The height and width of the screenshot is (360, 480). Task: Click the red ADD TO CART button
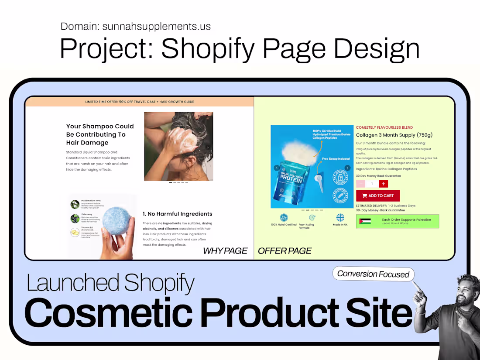click(378, 195)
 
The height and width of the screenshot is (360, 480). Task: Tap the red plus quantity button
click(383, 184)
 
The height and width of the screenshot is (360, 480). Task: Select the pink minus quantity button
click(361, 184)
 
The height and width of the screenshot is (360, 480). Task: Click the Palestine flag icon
click(365, 221)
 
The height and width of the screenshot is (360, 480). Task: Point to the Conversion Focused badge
click(373, 274)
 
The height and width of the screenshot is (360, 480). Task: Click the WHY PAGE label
click(225, 251)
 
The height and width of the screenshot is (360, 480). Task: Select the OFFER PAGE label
click(285, 251)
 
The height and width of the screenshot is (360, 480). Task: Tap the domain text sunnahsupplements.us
click(156, 26)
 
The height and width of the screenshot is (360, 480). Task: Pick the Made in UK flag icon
click(340, 218)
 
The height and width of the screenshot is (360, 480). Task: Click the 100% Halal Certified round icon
click(283, 218)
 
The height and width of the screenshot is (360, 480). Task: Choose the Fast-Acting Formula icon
click(312, 218)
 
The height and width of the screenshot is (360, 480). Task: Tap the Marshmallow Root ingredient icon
click(75, 204)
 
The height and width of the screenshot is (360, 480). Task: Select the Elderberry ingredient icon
click(75, 218)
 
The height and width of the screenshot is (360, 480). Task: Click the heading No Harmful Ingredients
click(177, 214)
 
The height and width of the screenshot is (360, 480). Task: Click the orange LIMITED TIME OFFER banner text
click(140, 102)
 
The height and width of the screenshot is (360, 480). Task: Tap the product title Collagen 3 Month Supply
click(394, 135)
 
